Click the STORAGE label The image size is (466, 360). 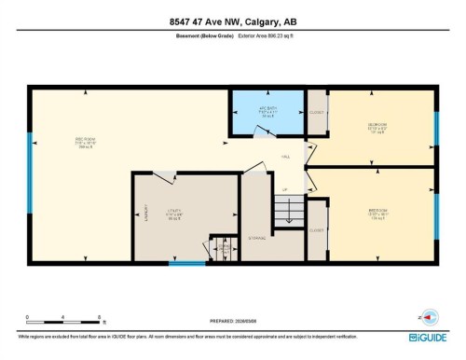click(258, 238)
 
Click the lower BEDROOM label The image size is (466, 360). click(377, 211)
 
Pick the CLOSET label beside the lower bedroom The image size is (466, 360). click(317, 228)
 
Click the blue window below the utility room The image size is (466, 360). click(187, 263)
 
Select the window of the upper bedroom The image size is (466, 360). click(435, 127)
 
